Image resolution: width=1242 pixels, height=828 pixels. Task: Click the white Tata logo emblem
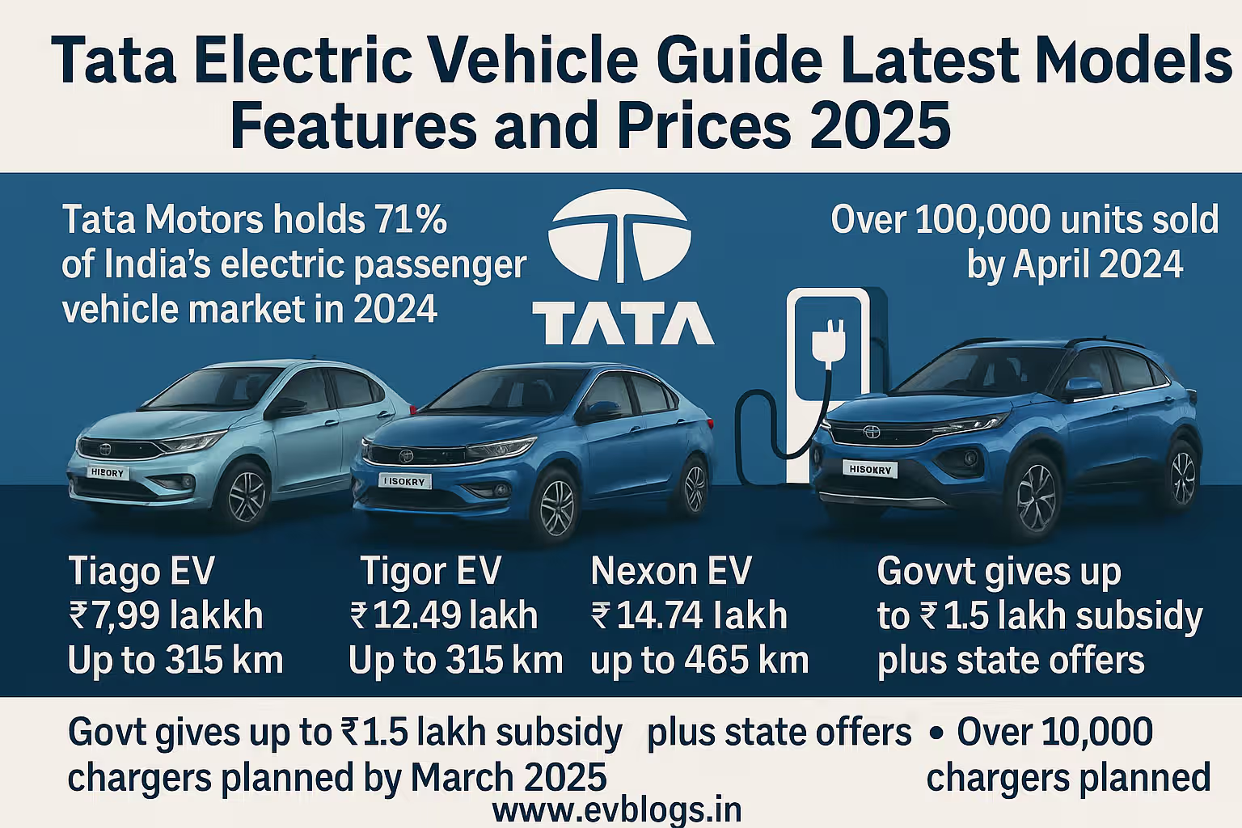click(620, 234)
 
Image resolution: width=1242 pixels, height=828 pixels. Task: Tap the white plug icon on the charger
click(828, 339)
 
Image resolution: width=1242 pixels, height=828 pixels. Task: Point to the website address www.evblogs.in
click(616, 809)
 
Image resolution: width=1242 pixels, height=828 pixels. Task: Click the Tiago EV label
click(142, 571)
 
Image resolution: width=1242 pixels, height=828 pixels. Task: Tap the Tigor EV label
click(430, 571)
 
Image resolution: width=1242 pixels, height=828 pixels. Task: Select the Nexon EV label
click(671, 571)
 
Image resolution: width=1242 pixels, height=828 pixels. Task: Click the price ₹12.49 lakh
click(444, 615)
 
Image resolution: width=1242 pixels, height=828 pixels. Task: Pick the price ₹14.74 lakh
click(689, 615)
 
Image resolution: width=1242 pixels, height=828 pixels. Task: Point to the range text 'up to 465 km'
click(699, 661)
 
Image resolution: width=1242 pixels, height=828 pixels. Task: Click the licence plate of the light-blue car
click(108, 472)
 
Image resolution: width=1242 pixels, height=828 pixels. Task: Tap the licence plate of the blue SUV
click(869, 469)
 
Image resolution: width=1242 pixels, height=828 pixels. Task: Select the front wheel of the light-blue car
click(247, 494)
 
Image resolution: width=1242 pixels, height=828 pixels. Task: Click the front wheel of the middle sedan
click(556, 506)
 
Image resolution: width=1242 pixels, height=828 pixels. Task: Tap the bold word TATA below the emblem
click(622, 323)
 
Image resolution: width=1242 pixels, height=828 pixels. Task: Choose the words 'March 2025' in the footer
click(509, 778)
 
